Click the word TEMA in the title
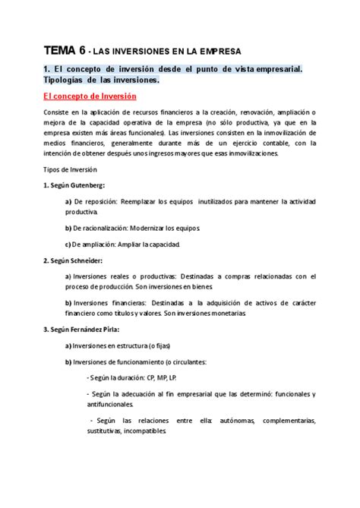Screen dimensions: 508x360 click(x=56, y=51)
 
